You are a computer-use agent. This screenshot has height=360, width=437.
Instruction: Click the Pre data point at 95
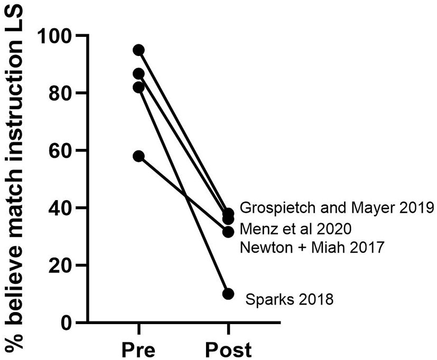138,50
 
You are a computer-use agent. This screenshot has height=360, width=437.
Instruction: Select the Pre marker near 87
138,73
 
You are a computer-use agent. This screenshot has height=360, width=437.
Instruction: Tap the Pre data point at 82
138,87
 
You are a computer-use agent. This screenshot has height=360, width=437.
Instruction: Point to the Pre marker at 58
138,156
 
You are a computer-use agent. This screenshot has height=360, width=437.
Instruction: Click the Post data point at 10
228,293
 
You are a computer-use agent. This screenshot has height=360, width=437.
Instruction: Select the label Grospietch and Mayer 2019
336,208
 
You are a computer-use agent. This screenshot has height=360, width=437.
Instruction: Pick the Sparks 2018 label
290,301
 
